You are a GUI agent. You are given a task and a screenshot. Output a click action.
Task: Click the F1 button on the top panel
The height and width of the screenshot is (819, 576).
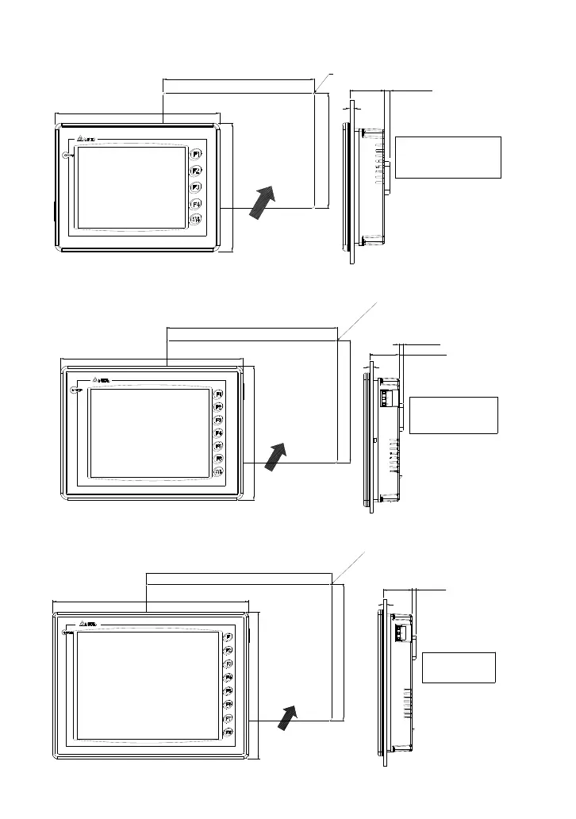[196, 153]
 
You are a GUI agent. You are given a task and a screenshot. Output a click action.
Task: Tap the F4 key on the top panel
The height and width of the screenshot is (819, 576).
[196, 202]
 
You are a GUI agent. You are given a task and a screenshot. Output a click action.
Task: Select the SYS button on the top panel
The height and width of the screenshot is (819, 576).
[196, 219]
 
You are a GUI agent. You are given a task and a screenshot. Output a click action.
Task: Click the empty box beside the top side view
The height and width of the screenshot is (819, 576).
[447, 157]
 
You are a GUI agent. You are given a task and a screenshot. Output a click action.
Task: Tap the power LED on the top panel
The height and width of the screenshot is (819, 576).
[68, 156]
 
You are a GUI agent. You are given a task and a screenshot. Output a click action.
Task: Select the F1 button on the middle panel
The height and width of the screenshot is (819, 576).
[219, 394]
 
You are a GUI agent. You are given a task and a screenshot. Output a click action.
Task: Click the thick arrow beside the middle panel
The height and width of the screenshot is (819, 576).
[277, 457]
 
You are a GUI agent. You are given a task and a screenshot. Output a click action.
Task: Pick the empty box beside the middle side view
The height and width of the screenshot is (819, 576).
[453, 415]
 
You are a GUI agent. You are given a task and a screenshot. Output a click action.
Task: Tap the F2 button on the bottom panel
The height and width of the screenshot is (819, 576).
[228, 650]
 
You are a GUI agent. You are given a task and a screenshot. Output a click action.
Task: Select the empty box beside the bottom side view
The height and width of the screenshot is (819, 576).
[459, 667]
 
